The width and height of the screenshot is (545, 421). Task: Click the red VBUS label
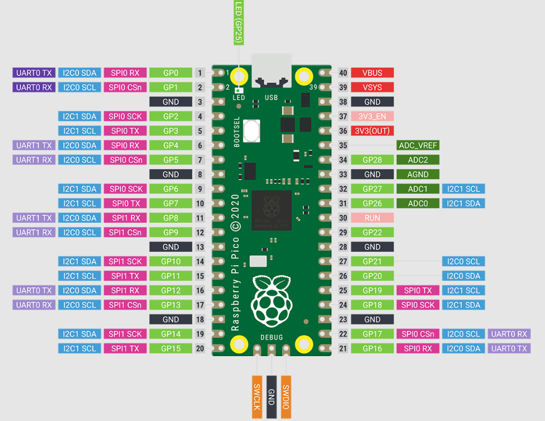point(372,73)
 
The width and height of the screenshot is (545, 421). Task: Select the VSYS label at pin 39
point(372,87)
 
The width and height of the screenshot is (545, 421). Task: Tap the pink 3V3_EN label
point(372,116)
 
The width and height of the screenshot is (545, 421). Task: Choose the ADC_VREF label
point(418,145)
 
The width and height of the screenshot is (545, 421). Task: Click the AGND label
point(418,174)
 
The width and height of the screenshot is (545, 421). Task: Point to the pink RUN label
point(372,218)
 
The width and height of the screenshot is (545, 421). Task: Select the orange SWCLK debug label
point(257,397)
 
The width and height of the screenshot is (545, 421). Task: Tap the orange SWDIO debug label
point(286,397)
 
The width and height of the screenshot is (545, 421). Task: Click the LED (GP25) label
point(239,22)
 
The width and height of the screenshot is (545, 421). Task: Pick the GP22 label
point(372,233)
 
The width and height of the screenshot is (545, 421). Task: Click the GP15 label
point(171,348)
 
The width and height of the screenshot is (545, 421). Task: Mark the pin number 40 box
point(343,73)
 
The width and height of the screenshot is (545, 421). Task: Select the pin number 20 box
point(200,348)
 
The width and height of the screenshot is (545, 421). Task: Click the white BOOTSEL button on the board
point(251,131)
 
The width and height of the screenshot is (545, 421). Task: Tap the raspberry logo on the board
point(272,301)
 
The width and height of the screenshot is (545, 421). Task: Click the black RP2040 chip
point(272,210)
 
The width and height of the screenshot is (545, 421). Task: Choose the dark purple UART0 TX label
point(34,73)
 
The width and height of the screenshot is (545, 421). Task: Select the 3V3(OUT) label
point(372,131)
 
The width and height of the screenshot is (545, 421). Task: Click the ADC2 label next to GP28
point(418,159)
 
